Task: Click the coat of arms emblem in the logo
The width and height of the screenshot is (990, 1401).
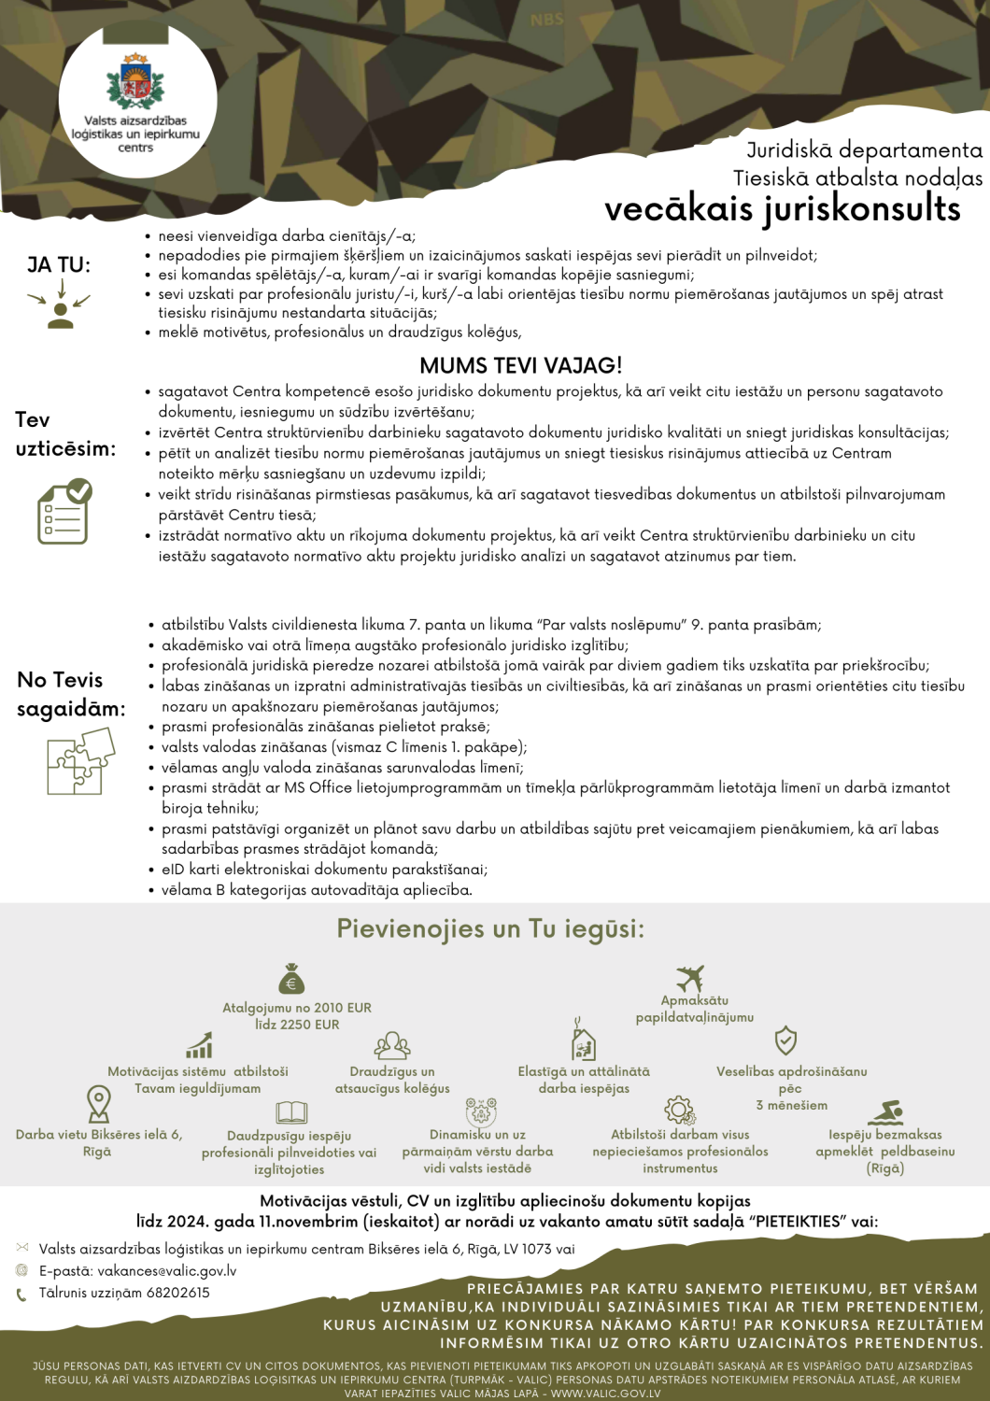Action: pyautogui.click(x=136, y=81)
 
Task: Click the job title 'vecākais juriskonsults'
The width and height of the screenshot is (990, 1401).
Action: pyautogui.click(x=782, y=208)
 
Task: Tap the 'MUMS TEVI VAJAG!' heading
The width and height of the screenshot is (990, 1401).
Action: pyautogui.click(x=520, y=365)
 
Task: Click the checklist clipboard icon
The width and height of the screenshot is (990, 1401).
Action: pyautogui.click(x=64, y=512)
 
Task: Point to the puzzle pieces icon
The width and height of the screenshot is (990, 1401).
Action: pyautogui.click(x=80, y=761)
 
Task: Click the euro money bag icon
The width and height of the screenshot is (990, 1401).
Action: pyautogui.click(x=291, y=979)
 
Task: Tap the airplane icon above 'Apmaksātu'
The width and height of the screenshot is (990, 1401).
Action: pyautogui.click(x=690, y=978)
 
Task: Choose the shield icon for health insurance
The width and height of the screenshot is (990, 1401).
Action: pyautogui.click(x=785, y=1040)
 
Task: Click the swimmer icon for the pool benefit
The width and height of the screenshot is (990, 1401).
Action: pyautogui.click(x=885, y=1112)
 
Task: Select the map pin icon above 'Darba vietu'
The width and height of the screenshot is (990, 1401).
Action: pyautogui.click(x=98, y=1103)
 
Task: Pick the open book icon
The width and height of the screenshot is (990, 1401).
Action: pyautogui.click(x=291, y=1111)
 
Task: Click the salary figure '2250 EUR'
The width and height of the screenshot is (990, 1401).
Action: pyautogui.click(x=311, y=1025)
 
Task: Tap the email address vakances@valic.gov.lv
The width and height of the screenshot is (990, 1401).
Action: pyautogui.click(x=166, y=1271)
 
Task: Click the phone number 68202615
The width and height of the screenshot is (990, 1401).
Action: pyautogui.click(x=177, y=1293)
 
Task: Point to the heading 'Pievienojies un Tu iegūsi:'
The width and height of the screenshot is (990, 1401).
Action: pyautogui.click(x=490, y=928)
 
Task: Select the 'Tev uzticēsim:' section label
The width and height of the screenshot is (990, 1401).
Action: pyautogui.click(x=65, y=434)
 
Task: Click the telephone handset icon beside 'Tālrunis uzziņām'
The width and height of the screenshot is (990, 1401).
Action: pyautogui.click(x=21, y=1295)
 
